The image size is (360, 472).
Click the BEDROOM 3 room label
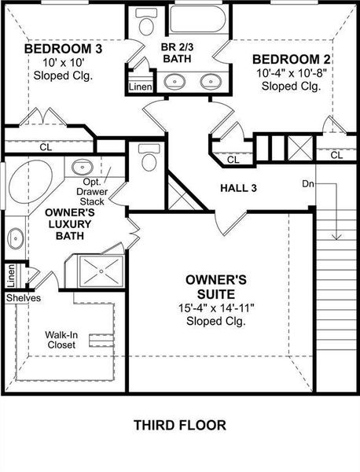[63, 50]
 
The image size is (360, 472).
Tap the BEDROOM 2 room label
[290, 59]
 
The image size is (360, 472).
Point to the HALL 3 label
[239, 188]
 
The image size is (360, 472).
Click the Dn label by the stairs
[308, 184]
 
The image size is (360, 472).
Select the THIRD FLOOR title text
[179, 426]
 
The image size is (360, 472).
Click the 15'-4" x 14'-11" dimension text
[216, 308]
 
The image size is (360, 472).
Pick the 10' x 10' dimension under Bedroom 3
[62, 63]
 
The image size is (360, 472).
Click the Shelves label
[23, 298]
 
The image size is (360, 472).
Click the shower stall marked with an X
[101, 270]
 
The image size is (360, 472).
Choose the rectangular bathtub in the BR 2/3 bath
[197, 20]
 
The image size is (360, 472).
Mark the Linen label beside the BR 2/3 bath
[139, 86]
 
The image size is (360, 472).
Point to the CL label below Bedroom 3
[46, 146]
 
